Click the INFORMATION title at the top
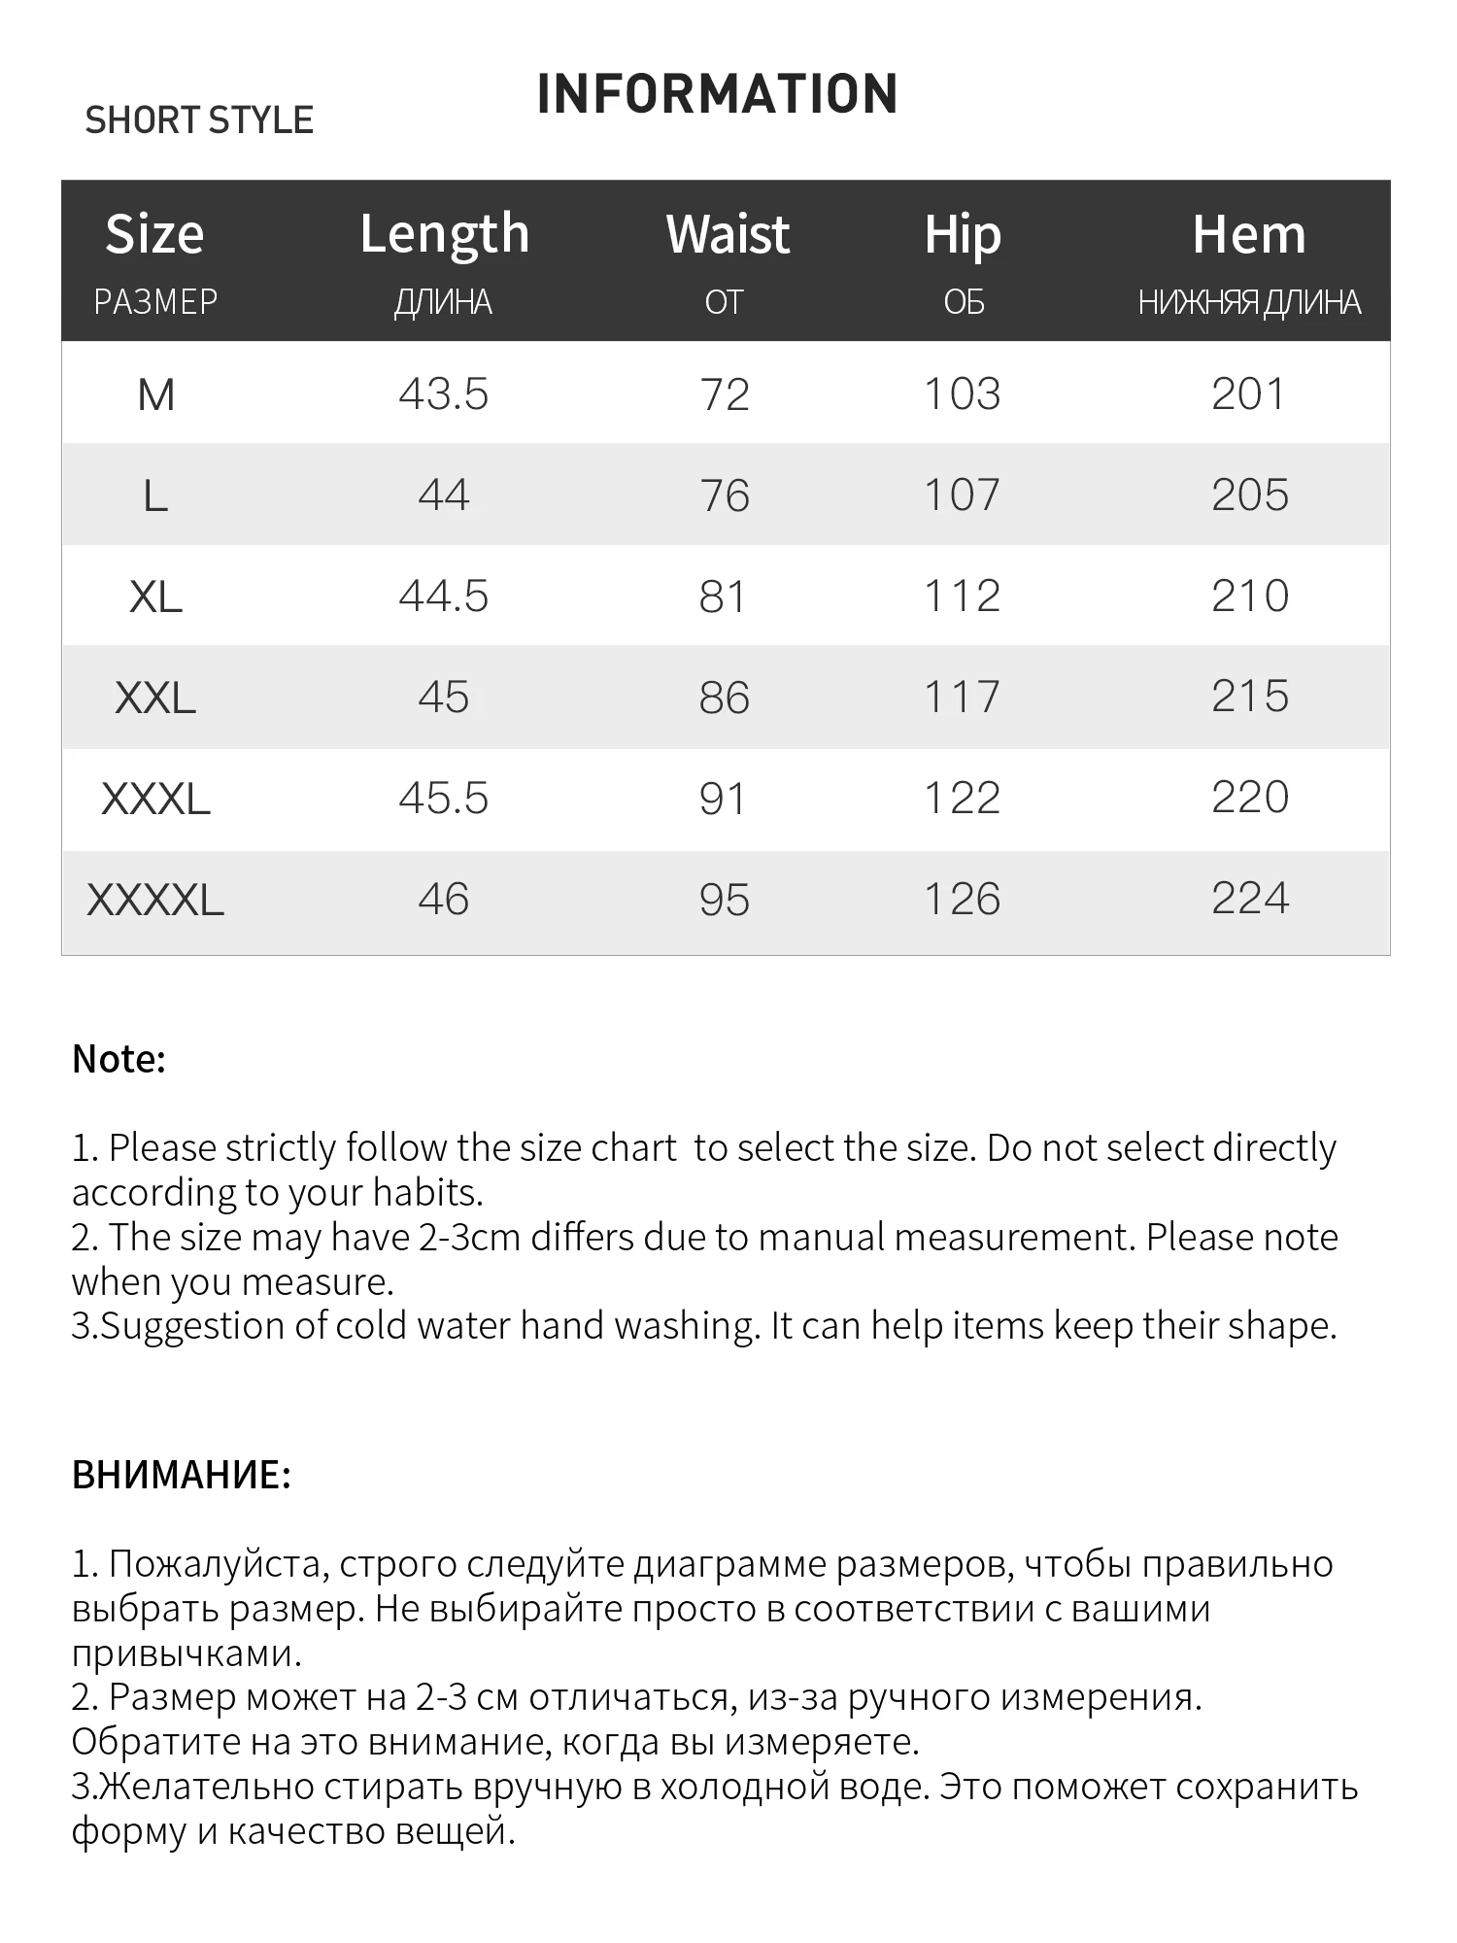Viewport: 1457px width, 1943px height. (717, 94)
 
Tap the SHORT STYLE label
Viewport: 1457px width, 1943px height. (199, 120)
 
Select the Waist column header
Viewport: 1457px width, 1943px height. (728, 234)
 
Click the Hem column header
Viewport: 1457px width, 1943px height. (1249, 234)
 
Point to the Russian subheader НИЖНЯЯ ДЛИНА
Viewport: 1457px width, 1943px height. (1249, 302)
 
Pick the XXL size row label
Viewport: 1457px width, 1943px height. (155, 698)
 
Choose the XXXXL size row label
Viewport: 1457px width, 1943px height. (155, 900)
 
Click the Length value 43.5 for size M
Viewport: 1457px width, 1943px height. (444, 394)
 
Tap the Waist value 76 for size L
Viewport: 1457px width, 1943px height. (725, 495)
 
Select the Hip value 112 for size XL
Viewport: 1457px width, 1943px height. (962, 597)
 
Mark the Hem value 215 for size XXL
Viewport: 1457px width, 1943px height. (1250, 697)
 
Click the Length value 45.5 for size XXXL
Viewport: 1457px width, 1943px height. (444, 799)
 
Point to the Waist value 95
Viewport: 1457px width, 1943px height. (725, 900)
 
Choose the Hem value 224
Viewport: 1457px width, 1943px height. (1250, 899)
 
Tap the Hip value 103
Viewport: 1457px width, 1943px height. (962, 394)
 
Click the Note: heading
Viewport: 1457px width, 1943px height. (119, 1059)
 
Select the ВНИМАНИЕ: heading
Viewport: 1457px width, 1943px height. (182, 1475)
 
